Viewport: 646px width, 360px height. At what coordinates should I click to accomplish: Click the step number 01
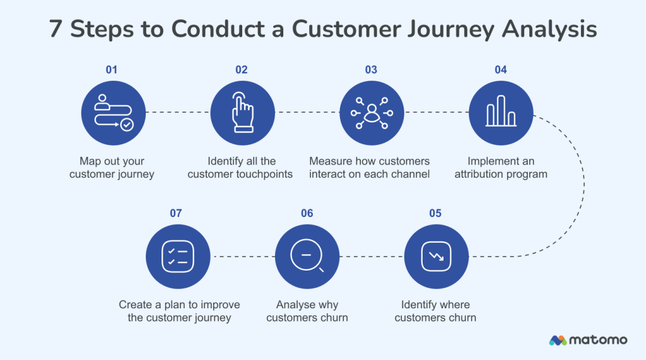112,70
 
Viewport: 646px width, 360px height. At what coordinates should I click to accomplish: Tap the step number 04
500,70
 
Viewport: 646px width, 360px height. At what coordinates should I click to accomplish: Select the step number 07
176,213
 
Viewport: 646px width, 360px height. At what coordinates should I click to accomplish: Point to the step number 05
435,213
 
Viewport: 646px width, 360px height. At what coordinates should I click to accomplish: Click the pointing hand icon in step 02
242,113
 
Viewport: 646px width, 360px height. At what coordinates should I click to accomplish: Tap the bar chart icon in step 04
501,113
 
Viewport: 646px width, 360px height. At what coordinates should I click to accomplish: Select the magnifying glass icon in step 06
307,257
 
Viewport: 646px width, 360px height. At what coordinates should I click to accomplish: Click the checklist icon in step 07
177,257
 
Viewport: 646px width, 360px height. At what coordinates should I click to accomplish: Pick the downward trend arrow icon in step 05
435,257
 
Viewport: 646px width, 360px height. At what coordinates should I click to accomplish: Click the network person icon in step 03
371,113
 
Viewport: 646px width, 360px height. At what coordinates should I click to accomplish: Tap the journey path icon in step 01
113,113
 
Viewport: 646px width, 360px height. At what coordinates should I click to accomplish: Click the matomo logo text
599,340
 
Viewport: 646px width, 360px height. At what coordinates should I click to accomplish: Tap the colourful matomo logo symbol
558,340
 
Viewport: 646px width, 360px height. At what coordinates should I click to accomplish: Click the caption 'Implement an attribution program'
500,168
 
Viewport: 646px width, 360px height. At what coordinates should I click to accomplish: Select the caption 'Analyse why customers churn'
307,311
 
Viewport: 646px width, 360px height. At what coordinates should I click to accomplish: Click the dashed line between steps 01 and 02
177,113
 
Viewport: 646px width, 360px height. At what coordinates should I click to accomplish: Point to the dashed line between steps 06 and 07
242,257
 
